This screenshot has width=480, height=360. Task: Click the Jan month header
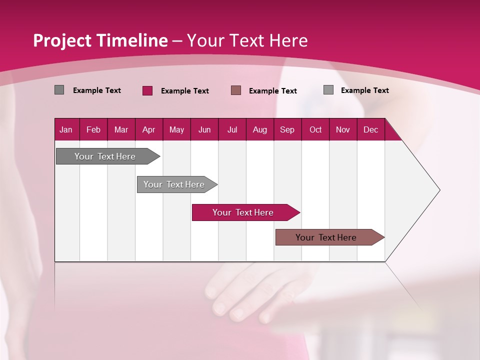click(x=66, y=129)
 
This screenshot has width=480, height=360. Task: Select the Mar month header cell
click(x=121, y=129)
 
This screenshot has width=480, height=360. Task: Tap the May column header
click(x=176, y=129)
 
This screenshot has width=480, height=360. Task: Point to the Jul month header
click(x=232, y=129)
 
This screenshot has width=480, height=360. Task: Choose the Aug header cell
click(x=259, y=129)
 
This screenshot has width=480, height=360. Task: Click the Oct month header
click(x=315, y=129)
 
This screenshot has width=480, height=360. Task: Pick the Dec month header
click(x=370, y=129)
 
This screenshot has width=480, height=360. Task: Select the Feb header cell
click(x=93, y=129)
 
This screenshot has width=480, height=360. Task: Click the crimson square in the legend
click(x=147, y=90)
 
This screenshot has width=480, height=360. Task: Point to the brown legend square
click(x=236, y=90)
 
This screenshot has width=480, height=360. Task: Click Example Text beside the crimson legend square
click(x=184, y=91)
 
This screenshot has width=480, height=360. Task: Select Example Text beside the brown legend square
click(x=272, y=91)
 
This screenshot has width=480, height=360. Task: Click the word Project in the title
click(x=61, y=40)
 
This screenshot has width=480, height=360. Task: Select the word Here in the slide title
click(x=288, y=40)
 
